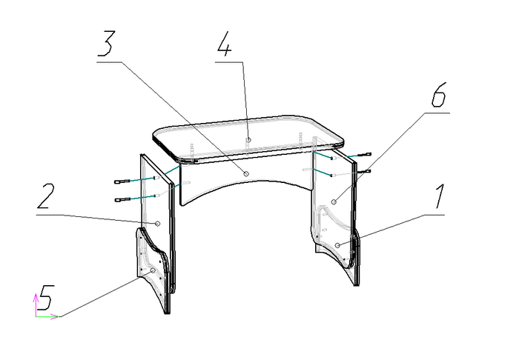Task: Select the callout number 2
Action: pyautogui.click(x=45, y=196)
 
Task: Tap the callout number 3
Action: pyautogui.click(x=106, y=43)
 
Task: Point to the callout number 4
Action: pyautogui.click(x=224, y=43)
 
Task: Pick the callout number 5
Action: pyautogui.click(x=45, y=298)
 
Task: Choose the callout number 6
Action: pyautogui.click(x=439, y=95)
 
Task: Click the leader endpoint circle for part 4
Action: pyautogui.click(x=248, y=140)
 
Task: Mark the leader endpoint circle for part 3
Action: pyautogui.click(x=246, y=173)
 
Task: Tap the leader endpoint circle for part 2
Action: pyautogui.click(x=158, y=224)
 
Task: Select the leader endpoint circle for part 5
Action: pyautogui.click(x=153, y=270)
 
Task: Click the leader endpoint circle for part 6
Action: pyautogui.click(x=334, y=201)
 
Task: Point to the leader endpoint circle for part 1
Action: pyautogui.click(x=337, y=245)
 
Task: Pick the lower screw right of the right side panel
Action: pyautogui.click(x=363, y=171)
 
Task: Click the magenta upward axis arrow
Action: pyautogui.click(x=36, y=304)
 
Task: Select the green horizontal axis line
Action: pyautogui.click(x=47, y=317)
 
